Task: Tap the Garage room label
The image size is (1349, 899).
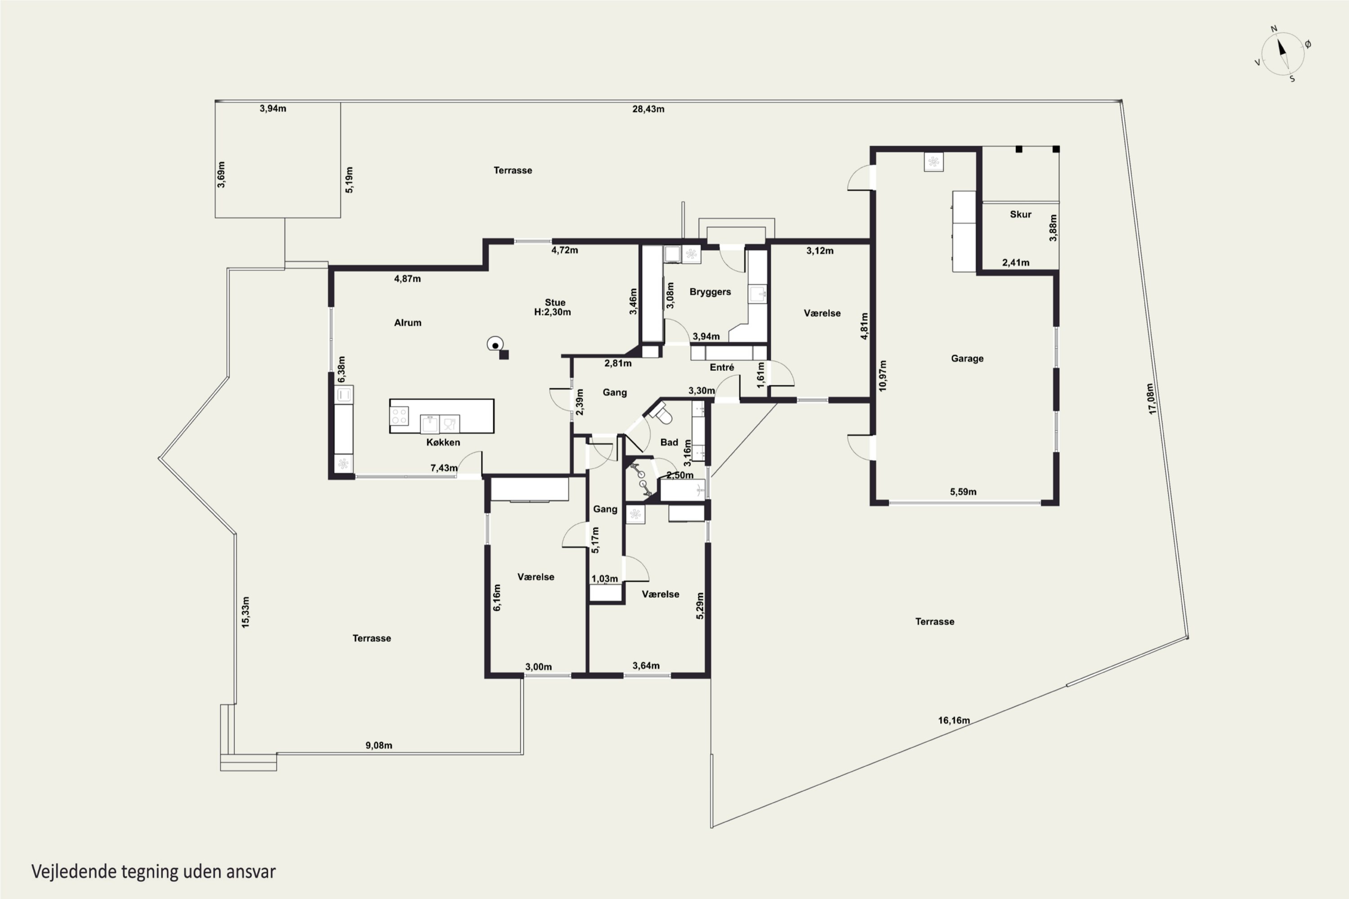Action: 967,358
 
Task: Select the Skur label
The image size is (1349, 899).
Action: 1020,214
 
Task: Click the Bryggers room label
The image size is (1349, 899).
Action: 710,292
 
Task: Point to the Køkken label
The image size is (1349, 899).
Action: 443,442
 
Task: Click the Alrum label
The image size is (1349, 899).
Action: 407,323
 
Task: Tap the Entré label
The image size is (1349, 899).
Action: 722,368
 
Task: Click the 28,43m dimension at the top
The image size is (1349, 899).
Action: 648,109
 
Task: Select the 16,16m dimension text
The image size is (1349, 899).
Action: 954,720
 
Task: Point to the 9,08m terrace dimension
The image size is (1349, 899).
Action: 379,745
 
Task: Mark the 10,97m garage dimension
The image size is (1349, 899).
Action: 882,375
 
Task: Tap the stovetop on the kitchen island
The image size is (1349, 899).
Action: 400,416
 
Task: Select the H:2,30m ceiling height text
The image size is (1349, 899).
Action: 552,312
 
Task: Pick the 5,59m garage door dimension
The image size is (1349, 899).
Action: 963,491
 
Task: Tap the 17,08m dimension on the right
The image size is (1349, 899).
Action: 1152,398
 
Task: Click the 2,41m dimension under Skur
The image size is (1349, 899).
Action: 1015,263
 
